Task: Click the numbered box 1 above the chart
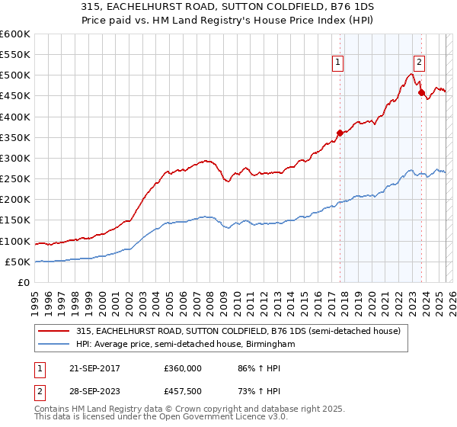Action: pos(337,64)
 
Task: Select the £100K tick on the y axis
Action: pos(15,242)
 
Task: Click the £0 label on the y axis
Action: pos(23,283)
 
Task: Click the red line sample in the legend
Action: pos(55,331)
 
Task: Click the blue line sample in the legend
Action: pos(55,345)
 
